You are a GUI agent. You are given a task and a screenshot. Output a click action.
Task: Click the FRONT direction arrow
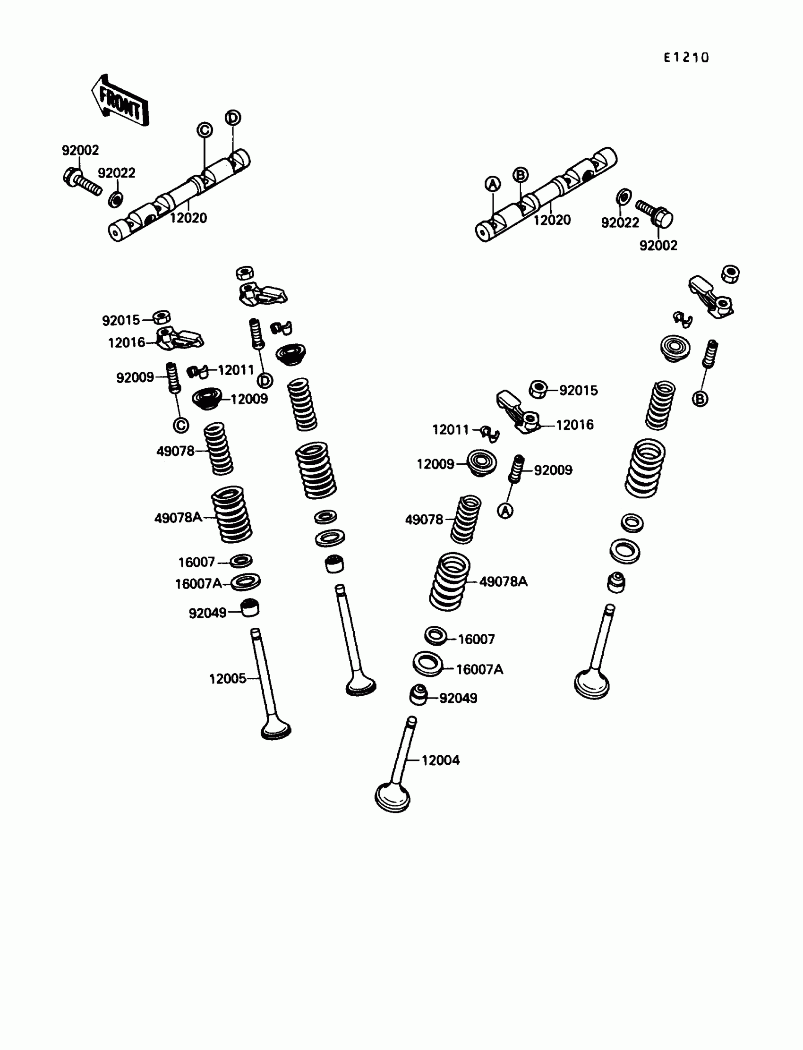coord(120,102)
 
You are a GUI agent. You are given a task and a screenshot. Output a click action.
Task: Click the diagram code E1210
coord(686,58)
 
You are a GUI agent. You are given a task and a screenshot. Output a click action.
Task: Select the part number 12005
coord(228,679)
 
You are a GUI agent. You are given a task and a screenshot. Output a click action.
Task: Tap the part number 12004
coord(440,760)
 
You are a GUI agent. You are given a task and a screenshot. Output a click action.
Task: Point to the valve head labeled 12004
coord(393,797)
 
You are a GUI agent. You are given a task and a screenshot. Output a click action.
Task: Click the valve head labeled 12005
coord(276,730)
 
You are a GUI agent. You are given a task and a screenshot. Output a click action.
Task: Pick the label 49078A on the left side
coord(178,518)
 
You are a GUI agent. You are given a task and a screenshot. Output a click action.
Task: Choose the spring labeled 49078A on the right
coord(449,581)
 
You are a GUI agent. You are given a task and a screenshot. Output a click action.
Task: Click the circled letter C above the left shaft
coord(205,130)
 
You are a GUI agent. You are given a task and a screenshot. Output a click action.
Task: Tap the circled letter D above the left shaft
coord(233,118)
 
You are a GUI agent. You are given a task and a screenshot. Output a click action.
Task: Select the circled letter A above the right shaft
coord(493,184)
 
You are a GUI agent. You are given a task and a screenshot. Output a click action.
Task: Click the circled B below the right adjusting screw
coord(700,399)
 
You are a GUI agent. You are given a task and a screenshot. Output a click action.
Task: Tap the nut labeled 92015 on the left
coord(162,317)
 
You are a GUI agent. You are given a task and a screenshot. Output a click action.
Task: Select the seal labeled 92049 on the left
coord(249,608)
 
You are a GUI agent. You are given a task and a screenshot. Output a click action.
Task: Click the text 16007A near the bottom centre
coord(479,670)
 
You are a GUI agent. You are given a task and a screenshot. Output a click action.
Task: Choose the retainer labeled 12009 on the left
coord(207,398)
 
